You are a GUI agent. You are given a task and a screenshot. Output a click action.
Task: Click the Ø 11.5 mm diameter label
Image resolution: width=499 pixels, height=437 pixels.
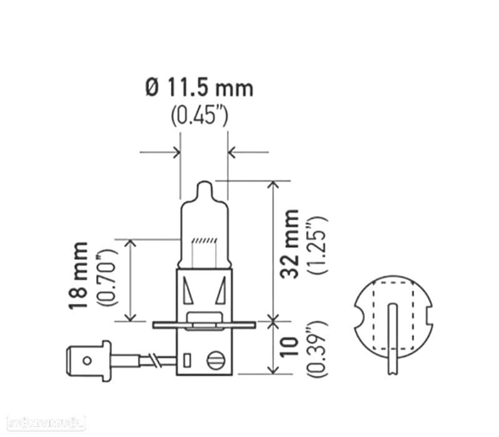point(200,88)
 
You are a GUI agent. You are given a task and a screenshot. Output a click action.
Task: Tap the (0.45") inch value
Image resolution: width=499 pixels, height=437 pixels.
point(200,117)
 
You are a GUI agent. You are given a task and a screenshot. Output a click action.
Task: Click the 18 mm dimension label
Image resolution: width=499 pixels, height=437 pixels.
point(79,275)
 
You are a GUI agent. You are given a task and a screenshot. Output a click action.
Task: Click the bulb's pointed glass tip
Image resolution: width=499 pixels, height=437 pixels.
point(204,188)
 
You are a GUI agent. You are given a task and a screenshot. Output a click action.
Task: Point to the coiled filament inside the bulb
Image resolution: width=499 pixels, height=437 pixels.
point(204,241)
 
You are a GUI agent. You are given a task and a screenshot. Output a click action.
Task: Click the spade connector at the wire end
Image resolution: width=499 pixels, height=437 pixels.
point(87,360)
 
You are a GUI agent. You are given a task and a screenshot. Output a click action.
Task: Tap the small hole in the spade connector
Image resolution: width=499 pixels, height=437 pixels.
point(87,360)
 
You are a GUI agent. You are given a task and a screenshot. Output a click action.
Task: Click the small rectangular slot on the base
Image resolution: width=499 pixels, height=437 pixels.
point(187,360)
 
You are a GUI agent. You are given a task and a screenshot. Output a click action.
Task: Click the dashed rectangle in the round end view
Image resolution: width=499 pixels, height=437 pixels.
point(392,309)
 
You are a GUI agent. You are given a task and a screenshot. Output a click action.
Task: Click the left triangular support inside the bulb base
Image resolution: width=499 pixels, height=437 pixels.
point(188,290)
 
